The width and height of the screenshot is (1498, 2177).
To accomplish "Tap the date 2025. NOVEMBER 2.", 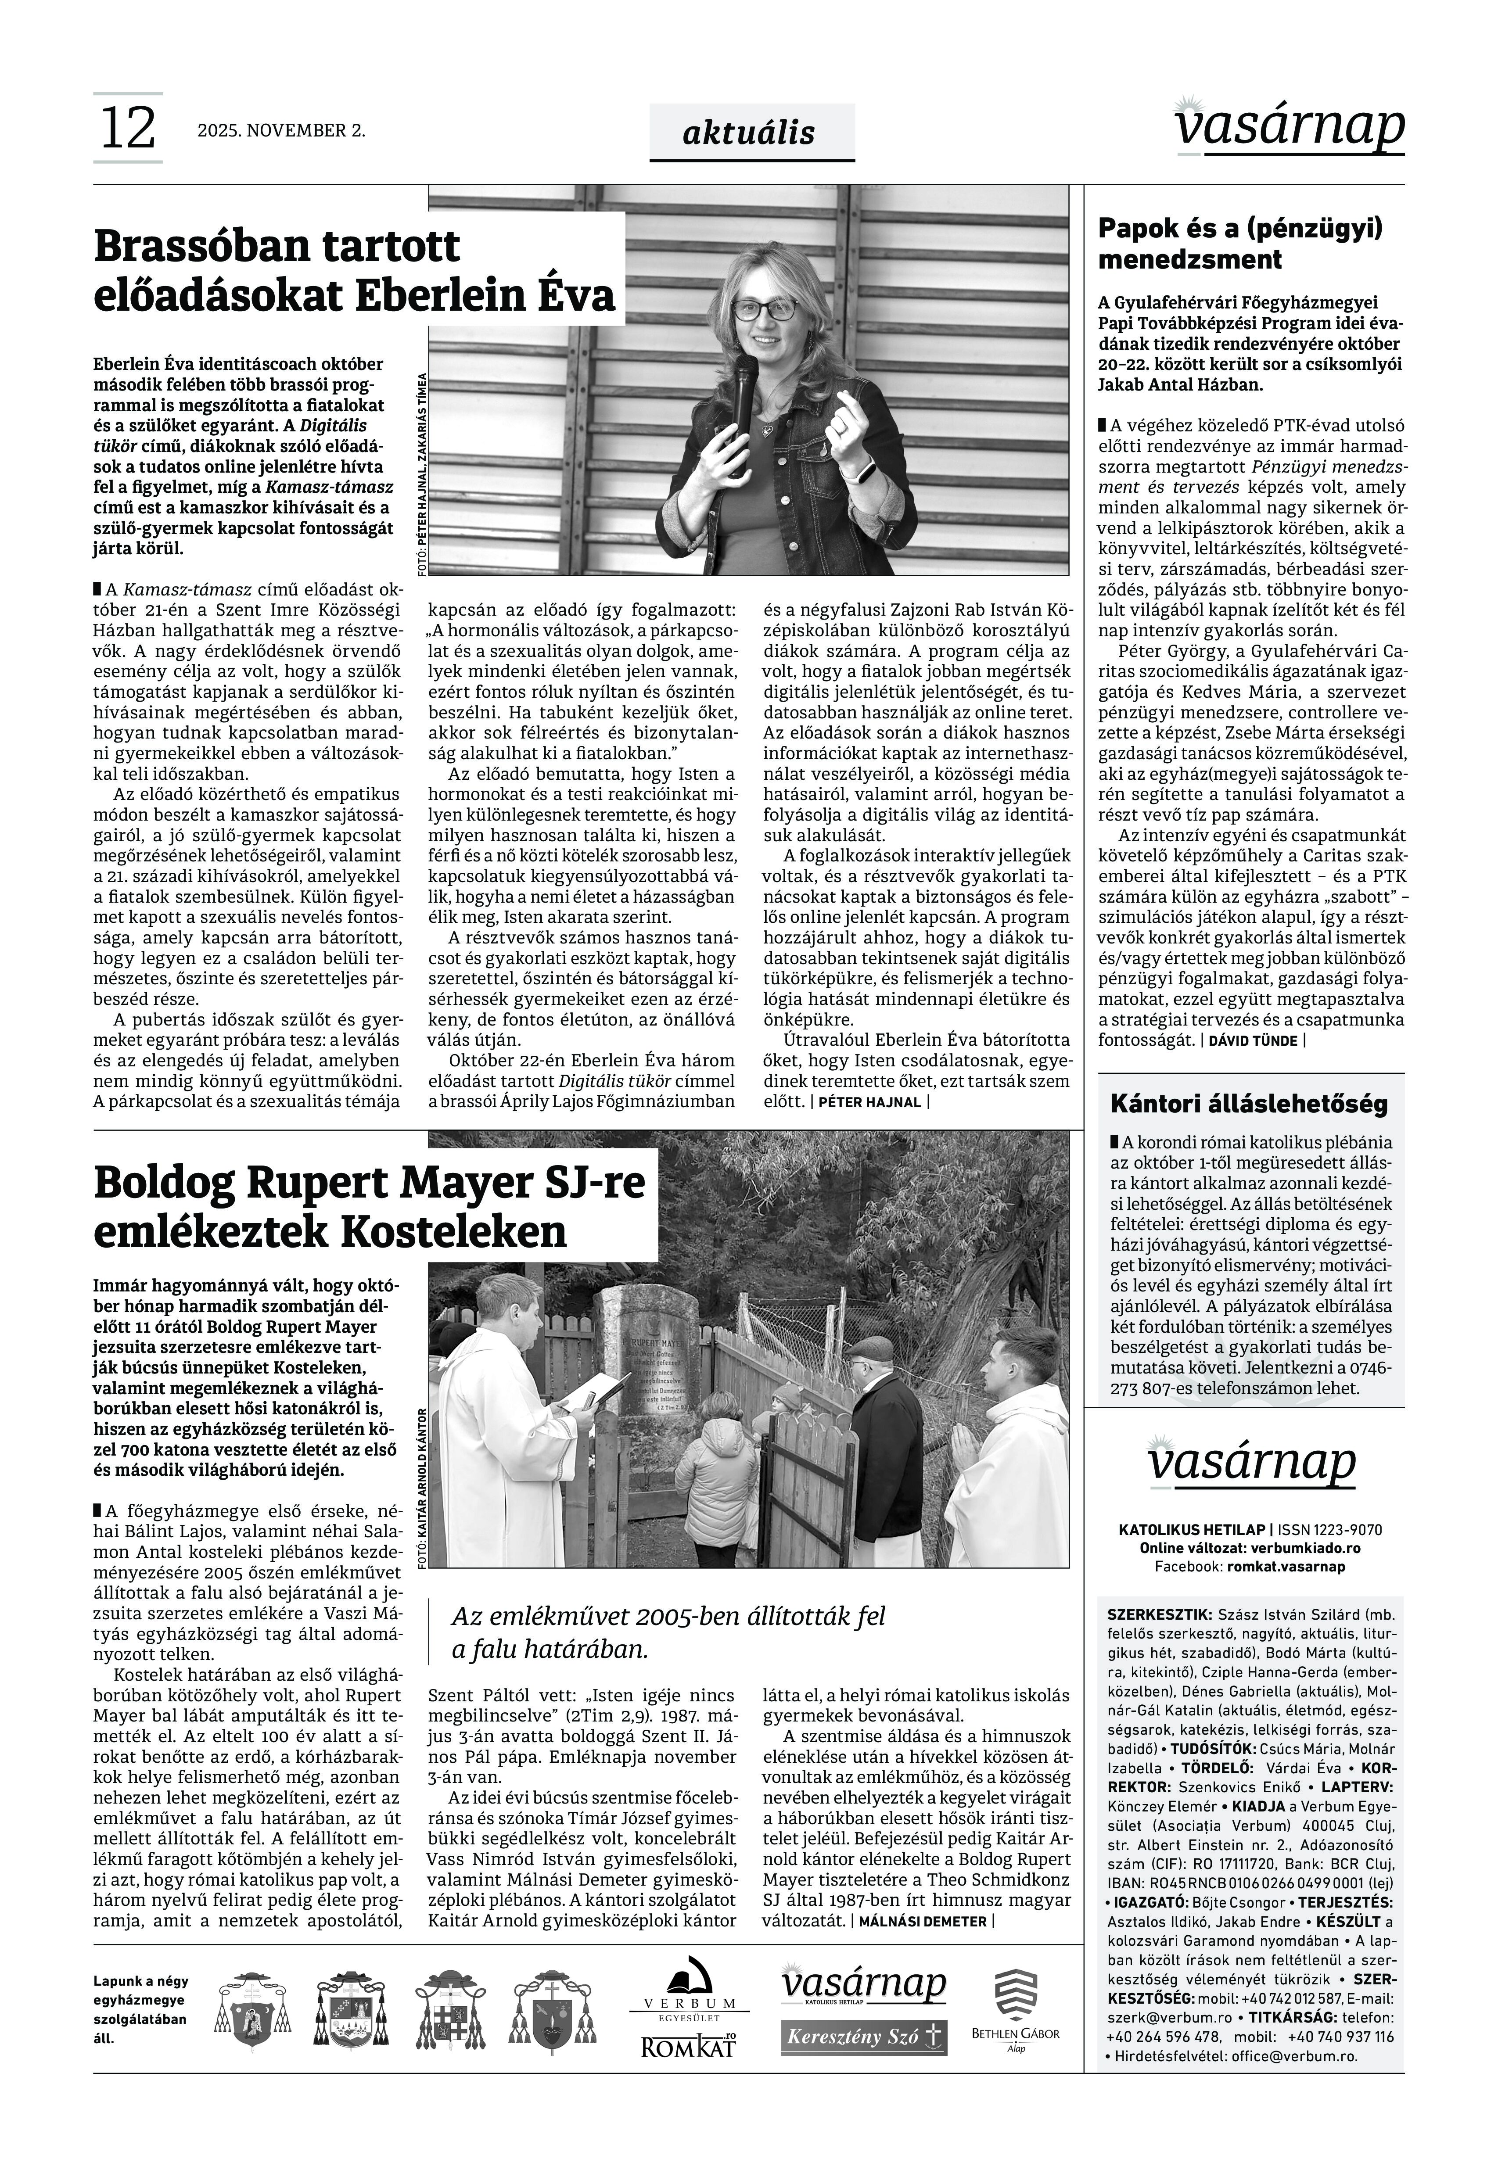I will [280, 130].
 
